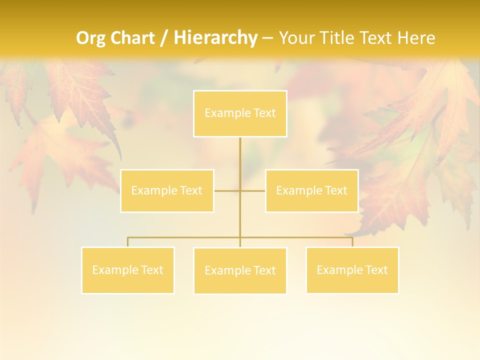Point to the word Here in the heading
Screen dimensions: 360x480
416,38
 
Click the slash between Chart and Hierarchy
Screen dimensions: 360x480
164,38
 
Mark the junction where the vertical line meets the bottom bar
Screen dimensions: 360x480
240,237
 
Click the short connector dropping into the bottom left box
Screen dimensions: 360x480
128,242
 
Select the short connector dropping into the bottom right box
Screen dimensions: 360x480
352,242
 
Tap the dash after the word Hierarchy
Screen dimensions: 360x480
267,38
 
